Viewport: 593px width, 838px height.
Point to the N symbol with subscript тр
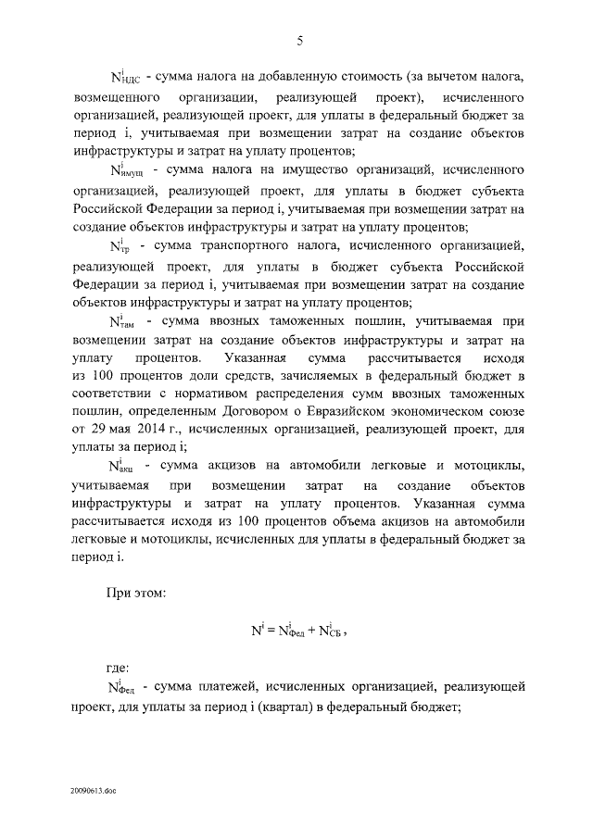point(120,246)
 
